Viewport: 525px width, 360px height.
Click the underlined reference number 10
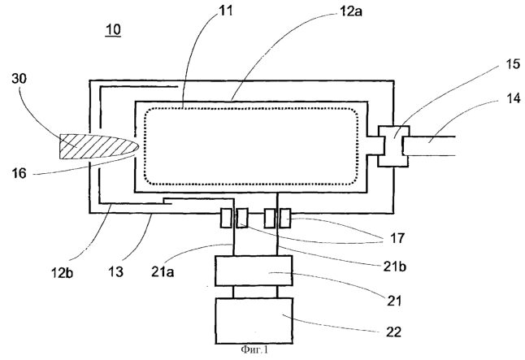pos(113,30)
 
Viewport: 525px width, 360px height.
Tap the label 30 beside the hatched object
pos(19,79)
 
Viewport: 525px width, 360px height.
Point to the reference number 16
pos(19,173)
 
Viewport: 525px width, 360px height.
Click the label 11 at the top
pos(226,11)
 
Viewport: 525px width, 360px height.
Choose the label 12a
pos(351,11)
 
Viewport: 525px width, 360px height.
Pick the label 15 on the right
pos(513,64)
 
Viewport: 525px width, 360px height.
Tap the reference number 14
pos(514,98)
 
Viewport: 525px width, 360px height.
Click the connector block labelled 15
pos(393,145)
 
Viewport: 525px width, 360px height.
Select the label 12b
pos(62,272)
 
